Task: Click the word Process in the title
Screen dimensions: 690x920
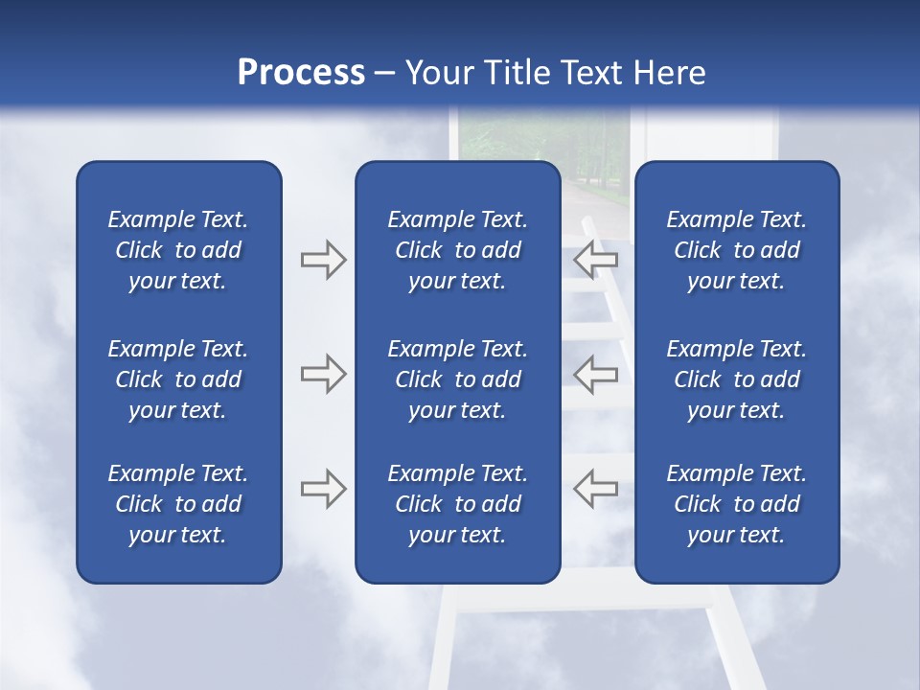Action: [x=301, y=72]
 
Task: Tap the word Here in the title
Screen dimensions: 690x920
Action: [x=667, y=72]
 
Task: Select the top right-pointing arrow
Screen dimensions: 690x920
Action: [x=323, y=260]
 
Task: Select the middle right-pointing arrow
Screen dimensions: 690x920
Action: [x=323, y=374]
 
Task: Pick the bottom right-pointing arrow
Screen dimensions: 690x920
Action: [x=323, y=489]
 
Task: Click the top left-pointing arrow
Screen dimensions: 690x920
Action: [x=595, y=260]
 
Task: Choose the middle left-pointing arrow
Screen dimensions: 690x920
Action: [x=595, y=374]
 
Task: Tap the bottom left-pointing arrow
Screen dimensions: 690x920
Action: [x=595, y=489]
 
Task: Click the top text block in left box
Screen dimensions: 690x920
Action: [x=178, y=250]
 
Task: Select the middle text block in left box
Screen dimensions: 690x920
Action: [x=178, y=379]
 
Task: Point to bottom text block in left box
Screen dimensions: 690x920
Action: [x=178, y=504]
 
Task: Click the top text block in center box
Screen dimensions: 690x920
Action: [x=458, y=250]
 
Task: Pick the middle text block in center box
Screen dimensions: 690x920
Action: [x=458, y=379]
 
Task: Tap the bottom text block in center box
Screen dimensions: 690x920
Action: [x=458, y=504]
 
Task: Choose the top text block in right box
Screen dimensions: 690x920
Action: [x=737, y=250]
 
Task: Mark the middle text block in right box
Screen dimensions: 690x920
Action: [x=737, y=379]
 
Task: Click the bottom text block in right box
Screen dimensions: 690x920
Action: [x=737, y=504]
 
